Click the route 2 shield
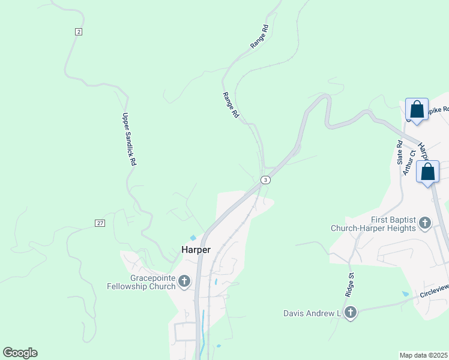[79, 31]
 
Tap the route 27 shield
[100, 223]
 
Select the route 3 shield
[265, 180]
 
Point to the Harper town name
[196, 250]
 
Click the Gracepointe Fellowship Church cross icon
[184, 280]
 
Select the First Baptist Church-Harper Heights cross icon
[425, 224]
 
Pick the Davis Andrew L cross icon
[351, 313]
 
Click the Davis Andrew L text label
[312, 313]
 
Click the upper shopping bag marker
[417, 110]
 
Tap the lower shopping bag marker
[427, 172]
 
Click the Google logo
[20, 353]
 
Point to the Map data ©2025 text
[424, 355]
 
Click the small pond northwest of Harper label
[193, 238]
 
